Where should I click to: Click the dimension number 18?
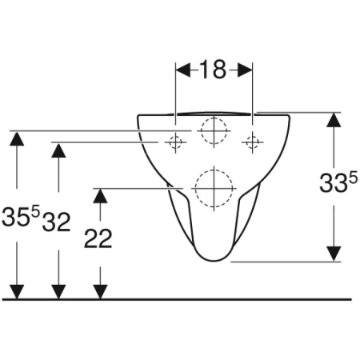pos(213,70)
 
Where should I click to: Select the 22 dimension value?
pos(98,238)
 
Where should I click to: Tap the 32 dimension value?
pos(56,222)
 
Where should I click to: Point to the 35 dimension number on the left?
pos(15,217)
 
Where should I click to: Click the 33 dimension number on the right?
pos(334,183)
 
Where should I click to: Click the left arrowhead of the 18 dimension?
pos(183,70)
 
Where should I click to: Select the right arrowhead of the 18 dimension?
pos(245,70)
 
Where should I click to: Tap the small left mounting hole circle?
pos(175,142)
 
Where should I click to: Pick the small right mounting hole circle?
pos(252,142)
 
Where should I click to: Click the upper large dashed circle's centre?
pos(214,130)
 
